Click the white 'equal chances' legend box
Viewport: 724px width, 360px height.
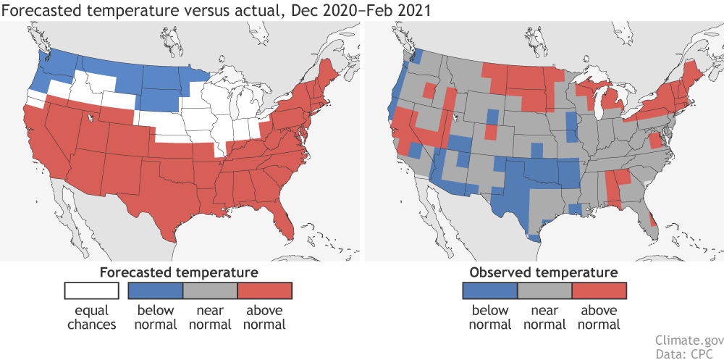[92, 290]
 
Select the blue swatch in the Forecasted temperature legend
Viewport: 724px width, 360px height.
[155, 290]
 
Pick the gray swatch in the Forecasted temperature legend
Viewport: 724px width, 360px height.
[210, 290]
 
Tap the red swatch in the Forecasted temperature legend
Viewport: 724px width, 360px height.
[264, 290]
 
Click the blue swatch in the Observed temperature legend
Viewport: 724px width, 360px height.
[489, 290]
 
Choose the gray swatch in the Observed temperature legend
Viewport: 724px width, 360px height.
[544, 290]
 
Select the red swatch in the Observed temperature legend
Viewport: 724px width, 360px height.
[599, 290]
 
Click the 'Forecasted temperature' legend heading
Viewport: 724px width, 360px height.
[179, 272]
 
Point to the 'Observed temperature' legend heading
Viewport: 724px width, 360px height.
[544, 272]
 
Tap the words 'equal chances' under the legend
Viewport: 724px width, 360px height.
[92, 317]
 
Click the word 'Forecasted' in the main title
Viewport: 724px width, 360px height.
[35, 9]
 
